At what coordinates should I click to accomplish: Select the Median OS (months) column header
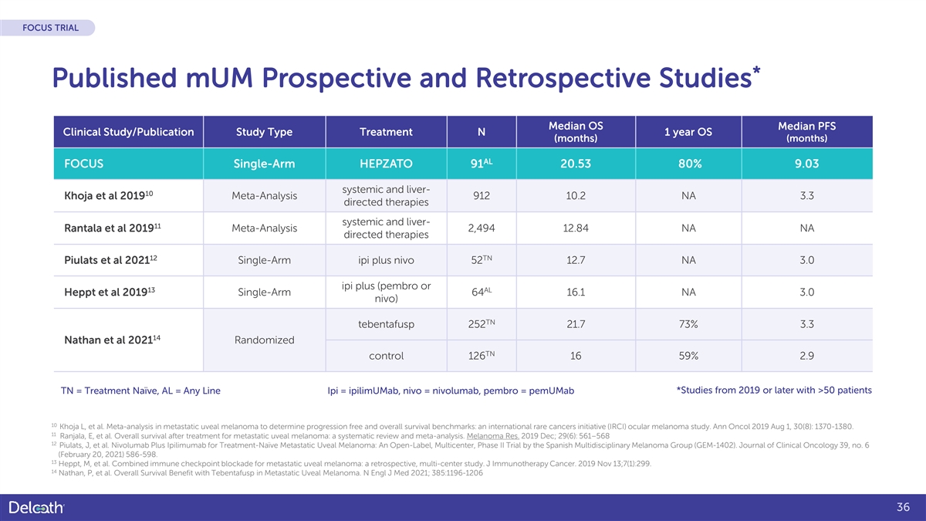[x=575, y=132]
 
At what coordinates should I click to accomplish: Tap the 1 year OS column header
[x=688, y=132]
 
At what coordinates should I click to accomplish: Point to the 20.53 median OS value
[x=575, y=164]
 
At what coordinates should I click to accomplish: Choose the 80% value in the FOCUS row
[x=688, y=164]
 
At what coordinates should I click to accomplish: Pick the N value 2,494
[x=482, y=228]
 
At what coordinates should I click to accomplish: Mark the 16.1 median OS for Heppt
[x=575, y=293]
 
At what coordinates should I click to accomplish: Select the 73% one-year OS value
[x=688, y=324]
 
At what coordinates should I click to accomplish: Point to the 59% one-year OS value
[x=688, y=357]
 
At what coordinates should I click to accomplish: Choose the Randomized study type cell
[x=263, y=340]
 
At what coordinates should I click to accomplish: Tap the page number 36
[x=904, y=507]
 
